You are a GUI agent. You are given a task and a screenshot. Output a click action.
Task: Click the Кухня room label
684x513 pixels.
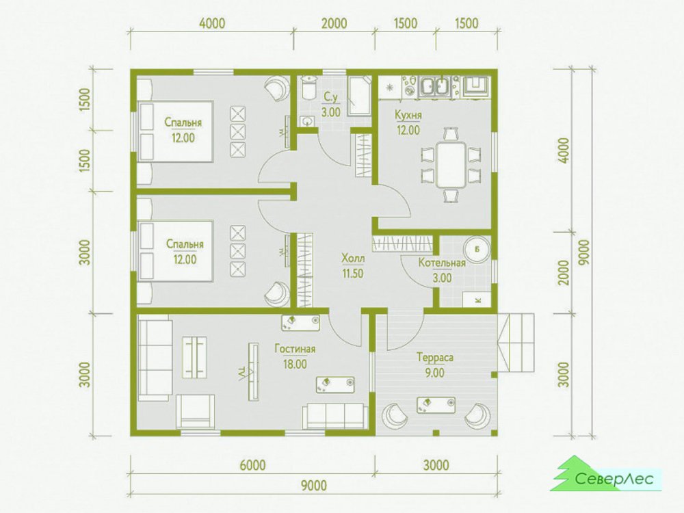pos(408,115)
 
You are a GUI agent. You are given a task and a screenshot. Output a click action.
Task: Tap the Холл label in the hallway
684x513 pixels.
pos(353,259)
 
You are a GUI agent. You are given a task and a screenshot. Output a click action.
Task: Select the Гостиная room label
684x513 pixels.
pos(295,349)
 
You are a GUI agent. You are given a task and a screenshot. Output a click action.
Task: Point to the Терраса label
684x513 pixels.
pos(435,358)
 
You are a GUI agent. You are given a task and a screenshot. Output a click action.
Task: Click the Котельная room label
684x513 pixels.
pos(442,263)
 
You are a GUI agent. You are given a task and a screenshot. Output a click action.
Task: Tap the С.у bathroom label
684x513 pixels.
pos(330,97)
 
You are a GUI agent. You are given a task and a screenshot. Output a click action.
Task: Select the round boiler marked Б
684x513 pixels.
pos(477,250)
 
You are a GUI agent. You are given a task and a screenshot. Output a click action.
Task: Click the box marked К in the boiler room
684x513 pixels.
pos(477,300)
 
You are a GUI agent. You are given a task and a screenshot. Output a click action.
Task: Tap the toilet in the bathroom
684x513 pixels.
pos(309,88)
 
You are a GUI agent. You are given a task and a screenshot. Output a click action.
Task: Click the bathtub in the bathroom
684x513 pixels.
pos(359,96)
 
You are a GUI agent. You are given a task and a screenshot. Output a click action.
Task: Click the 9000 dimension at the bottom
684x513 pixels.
pos(314,485)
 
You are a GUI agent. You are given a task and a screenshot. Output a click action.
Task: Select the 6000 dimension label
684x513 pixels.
pos(252,465)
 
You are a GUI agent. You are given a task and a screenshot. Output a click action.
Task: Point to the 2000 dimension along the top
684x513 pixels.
pos(334,23)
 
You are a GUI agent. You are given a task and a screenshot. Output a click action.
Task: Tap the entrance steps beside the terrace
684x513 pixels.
pos(516,345)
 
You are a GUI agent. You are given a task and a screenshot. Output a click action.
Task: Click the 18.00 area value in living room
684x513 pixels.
pos(295,365)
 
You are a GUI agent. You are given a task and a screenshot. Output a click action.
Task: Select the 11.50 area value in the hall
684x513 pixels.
pos(352,274)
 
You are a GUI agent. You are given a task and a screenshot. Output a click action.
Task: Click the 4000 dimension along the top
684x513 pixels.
pos(212,23)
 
